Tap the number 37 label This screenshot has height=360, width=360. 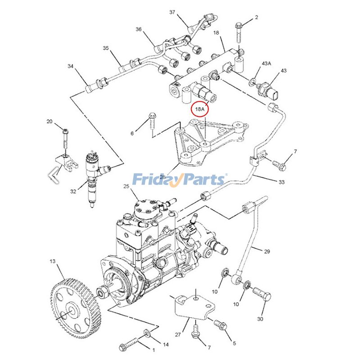pos(172,12)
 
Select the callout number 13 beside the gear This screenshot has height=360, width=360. pos(52,261)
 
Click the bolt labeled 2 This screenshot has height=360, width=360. pos(238,32)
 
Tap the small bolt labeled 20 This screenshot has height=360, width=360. pos(66,137)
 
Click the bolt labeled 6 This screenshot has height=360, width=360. pos(152,121)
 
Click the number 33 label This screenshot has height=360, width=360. pos(282,182)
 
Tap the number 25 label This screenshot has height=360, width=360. pos(126,186)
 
